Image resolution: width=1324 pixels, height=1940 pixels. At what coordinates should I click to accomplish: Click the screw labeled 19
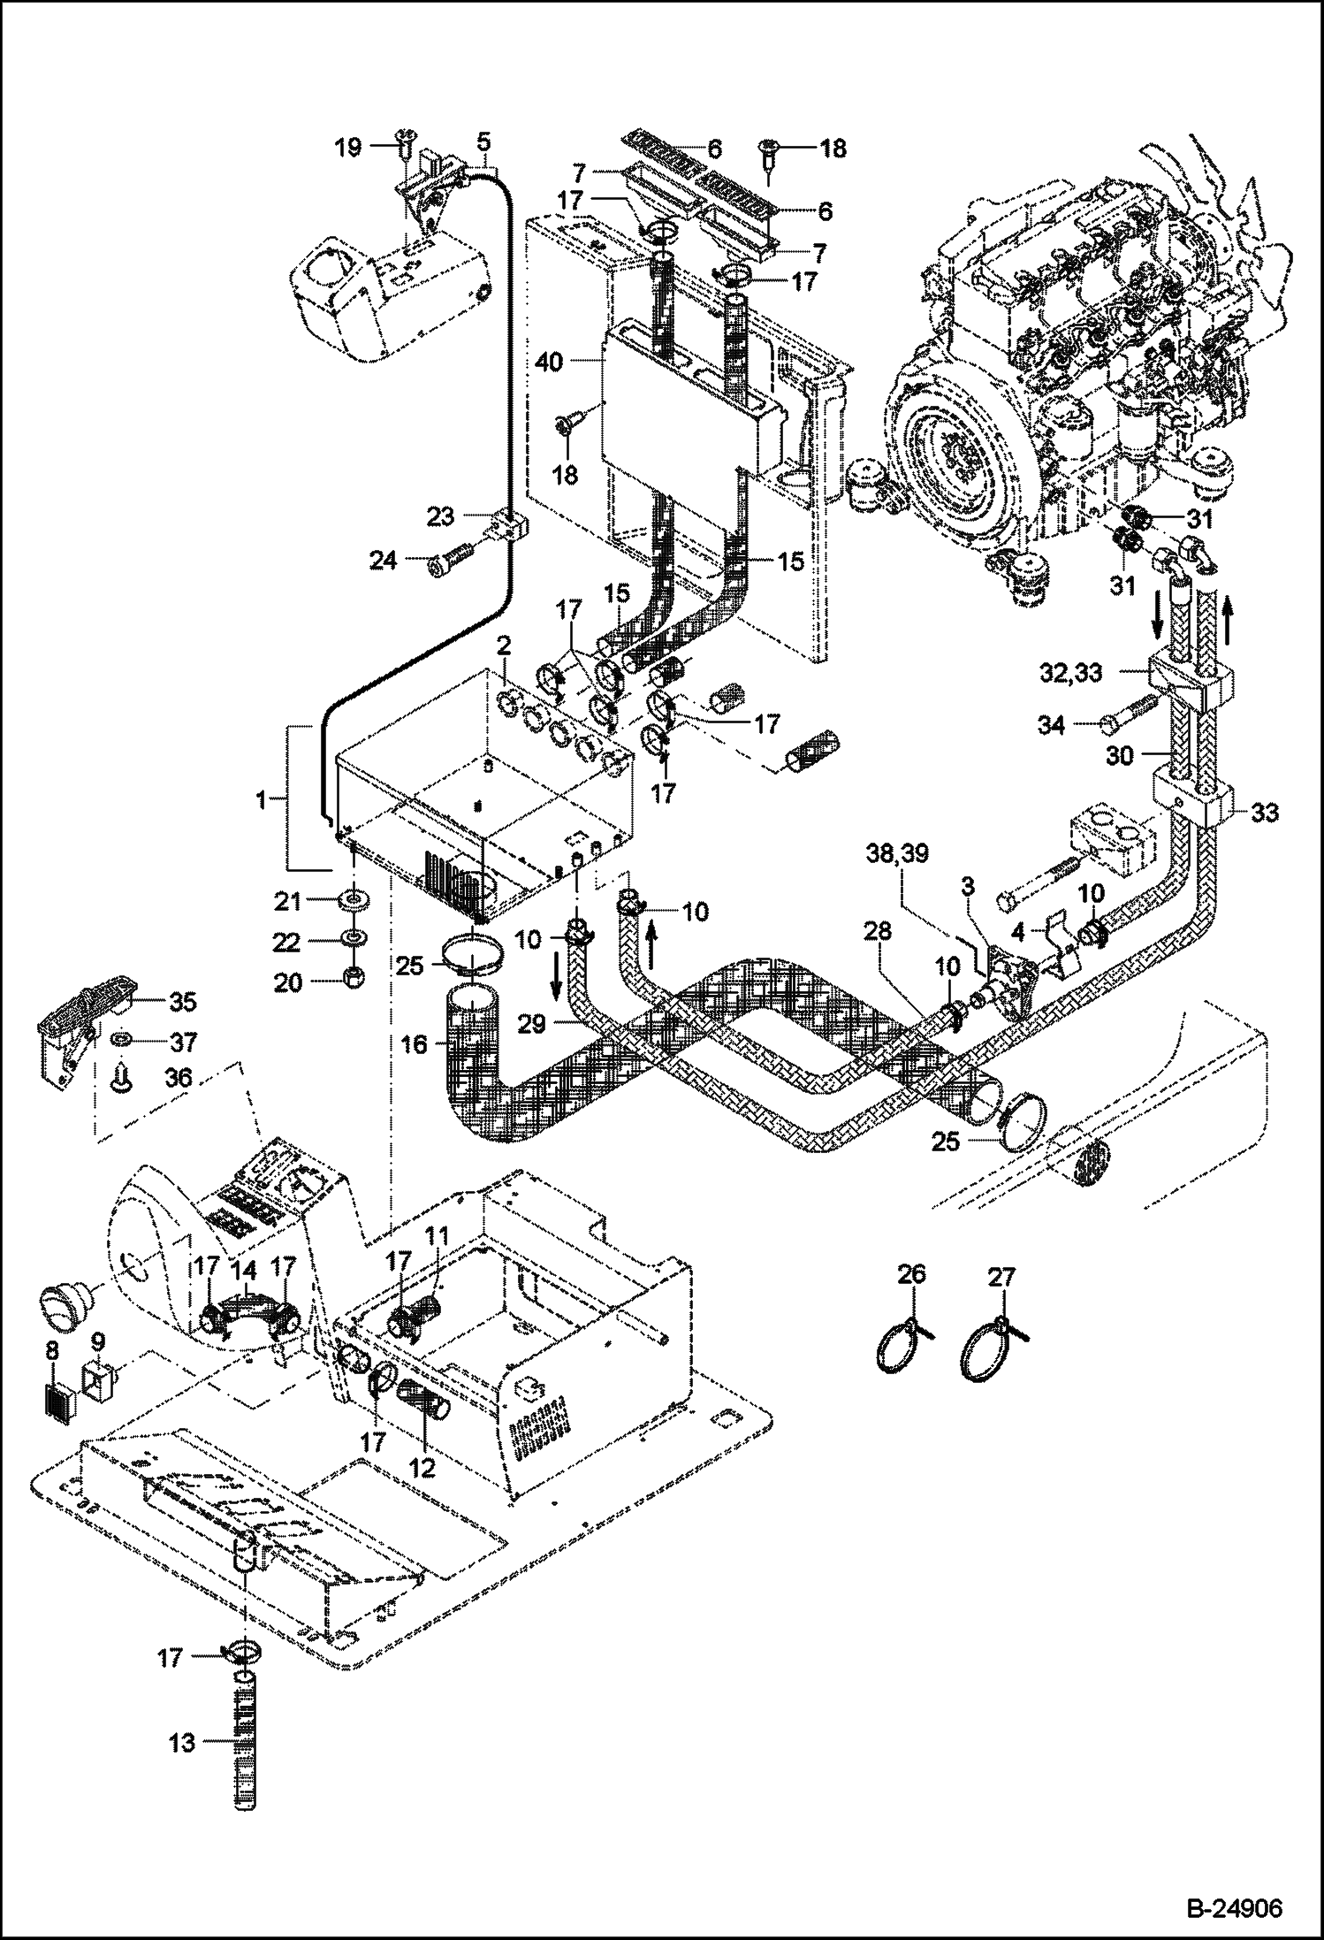point(406,145)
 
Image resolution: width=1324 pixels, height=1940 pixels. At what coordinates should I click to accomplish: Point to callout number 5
point(483,141)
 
